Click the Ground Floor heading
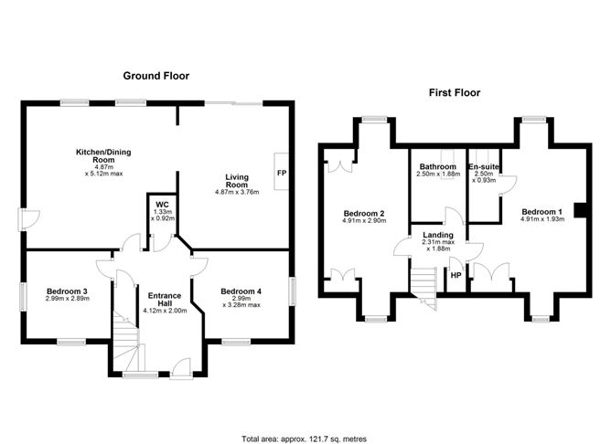pyautogui.click(x=156, y=76)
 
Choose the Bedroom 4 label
pyautogui.click(x=241, y=291)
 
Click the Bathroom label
pyautogui.click(x=437, y=167)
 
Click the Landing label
pyautogui.click(x=437, y=235)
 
